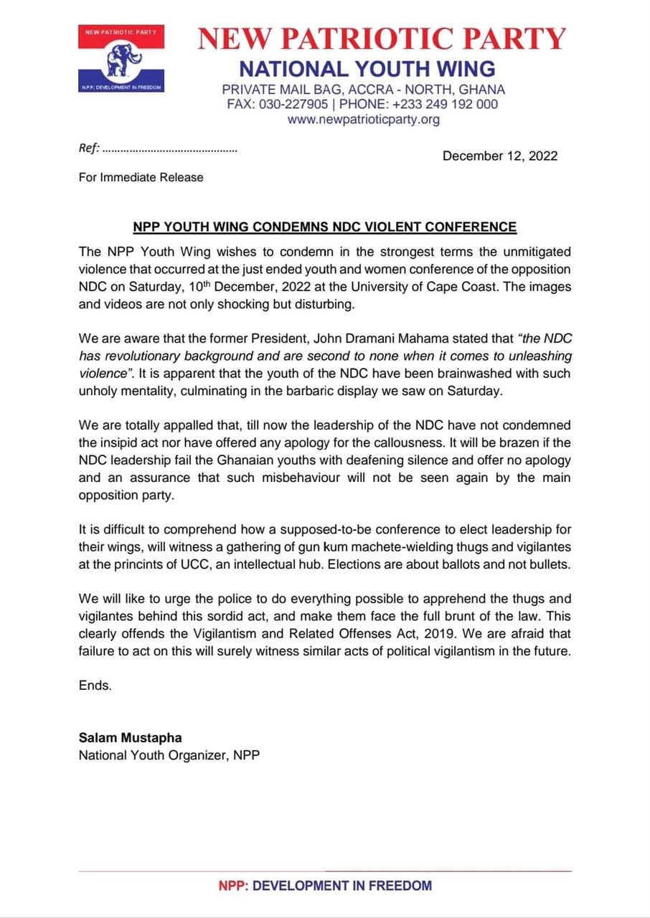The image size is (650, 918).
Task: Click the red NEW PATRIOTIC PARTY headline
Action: [x=382, y=39]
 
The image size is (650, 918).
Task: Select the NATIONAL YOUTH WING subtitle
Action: [x=367, y=69]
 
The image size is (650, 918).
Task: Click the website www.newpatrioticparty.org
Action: [x=364, y=120]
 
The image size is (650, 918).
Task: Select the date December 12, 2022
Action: [x=499, y=156]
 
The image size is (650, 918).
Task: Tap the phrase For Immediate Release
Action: [x=141, y=177]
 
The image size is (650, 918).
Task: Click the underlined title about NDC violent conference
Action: [x=324, y=227]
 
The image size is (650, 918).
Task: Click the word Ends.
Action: [x=95, y=685]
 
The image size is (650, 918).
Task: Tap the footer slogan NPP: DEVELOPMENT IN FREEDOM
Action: [x=325, y=886]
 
